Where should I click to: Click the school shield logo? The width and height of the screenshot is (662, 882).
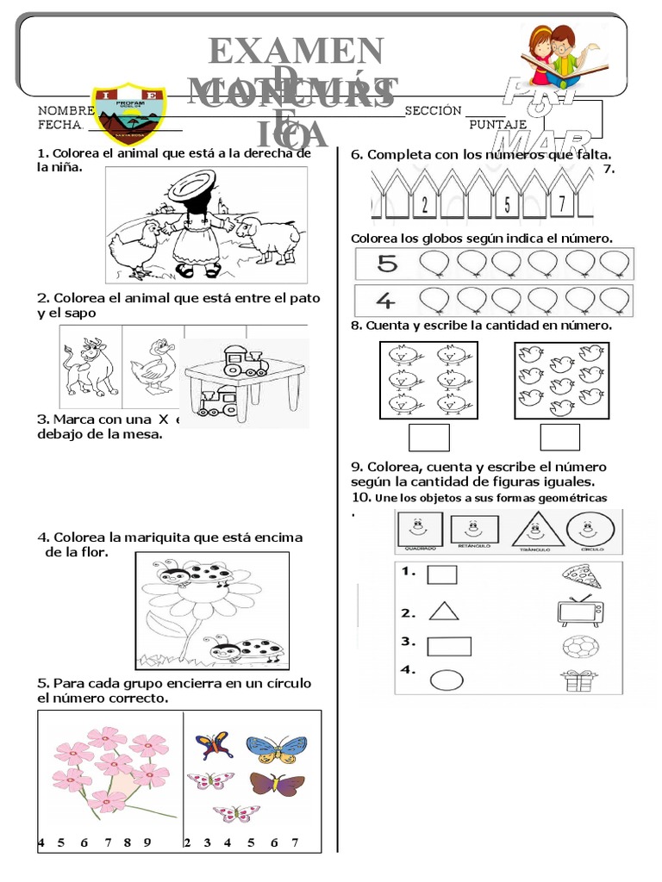pos(127,115)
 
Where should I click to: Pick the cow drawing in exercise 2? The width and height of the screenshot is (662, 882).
pos(89,366)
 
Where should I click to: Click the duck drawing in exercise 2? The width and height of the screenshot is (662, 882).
pos(153,365)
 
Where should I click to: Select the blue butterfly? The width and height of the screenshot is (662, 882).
pos(277,748)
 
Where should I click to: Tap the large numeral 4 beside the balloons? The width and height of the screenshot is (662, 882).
pos(385,300)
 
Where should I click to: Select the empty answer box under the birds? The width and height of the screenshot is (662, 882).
pos(559,438)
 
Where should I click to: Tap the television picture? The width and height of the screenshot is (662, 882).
pos(578,611)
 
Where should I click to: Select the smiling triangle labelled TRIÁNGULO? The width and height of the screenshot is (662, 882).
pos(537,529)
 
